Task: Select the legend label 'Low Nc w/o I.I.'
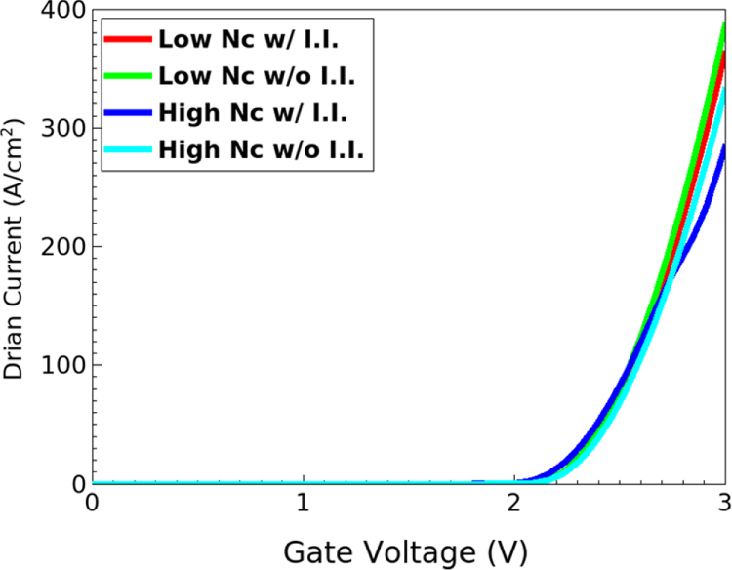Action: tap(243, 76)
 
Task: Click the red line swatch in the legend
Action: tap(127, 39)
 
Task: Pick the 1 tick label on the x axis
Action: tap(303, 505)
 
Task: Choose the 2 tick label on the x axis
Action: tap(514, 505)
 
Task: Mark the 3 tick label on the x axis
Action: tap(724, 505)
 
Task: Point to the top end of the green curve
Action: tap(724, 25)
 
